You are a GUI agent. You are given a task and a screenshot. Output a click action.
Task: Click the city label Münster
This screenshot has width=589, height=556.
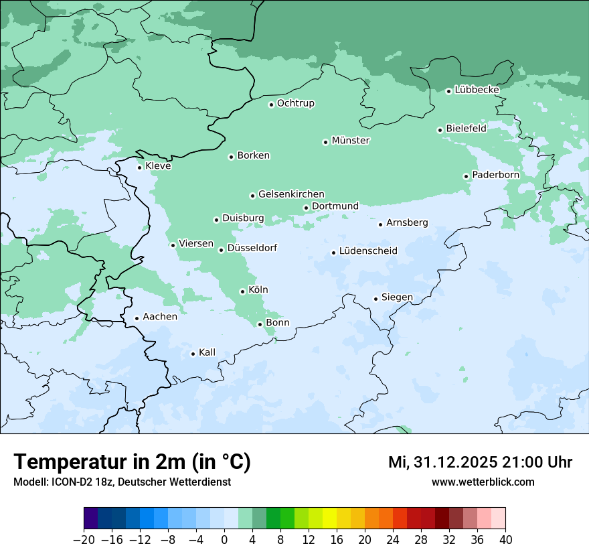pos(351,141)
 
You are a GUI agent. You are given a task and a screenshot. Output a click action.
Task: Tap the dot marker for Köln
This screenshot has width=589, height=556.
pos(242,291)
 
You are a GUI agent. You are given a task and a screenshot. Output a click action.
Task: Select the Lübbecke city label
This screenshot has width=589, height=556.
pos(477,90)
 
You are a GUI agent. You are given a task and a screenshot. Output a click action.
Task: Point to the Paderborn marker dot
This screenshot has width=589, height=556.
pos(466,176)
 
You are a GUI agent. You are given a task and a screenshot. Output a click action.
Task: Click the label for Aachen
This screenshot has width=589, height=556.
pos(160,317)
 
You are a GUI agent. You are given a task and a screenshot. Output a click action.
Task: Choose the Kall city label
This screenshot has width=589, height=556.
pos(207,352)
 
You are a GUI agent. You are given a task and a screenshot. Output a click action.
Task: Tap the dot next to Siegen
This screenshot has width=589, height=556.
pos(375,299)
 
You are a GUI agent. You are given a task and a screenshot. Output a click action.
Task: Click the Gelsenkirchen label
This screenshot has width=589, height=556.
pos(291,194)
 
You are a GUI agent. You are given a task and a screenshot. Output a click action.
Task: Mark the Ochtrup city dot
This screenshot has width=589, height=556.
pos(271,104)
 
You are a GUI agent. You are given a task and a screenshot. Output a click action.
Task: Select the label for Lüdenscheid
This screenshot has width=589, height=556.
pos(368,251)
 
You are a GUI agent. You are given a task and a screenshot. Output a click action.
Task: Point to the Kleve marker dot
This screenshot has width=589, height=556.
pos(139,167)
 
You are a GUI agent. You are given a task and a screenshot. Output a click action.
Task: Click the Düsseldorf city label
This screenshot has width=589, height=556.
pos(252,249)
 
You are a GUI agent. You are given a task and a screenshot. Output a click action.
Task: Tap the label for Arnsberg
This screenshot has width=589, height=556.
pos(407,223)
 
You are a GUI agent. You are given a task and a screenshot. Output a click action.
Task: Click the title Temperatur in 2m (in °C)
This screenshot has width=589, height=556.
pos(132,462)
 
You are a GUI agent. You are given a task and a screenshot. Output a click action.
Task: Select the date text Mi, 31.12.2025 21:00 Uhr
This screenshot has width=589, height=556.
pos(480,462)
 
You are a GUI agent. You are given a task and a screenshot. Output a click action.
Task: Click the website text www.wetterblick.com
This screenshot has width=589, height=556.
pos(483,482)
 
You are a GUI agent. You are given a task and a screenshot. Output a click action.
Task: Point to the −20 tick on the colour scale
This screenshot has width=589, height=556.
pos(84,540)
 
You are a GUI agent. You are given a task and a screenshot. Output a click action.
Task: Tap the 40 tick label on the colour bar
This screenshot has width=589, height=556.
pos(505,540)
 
